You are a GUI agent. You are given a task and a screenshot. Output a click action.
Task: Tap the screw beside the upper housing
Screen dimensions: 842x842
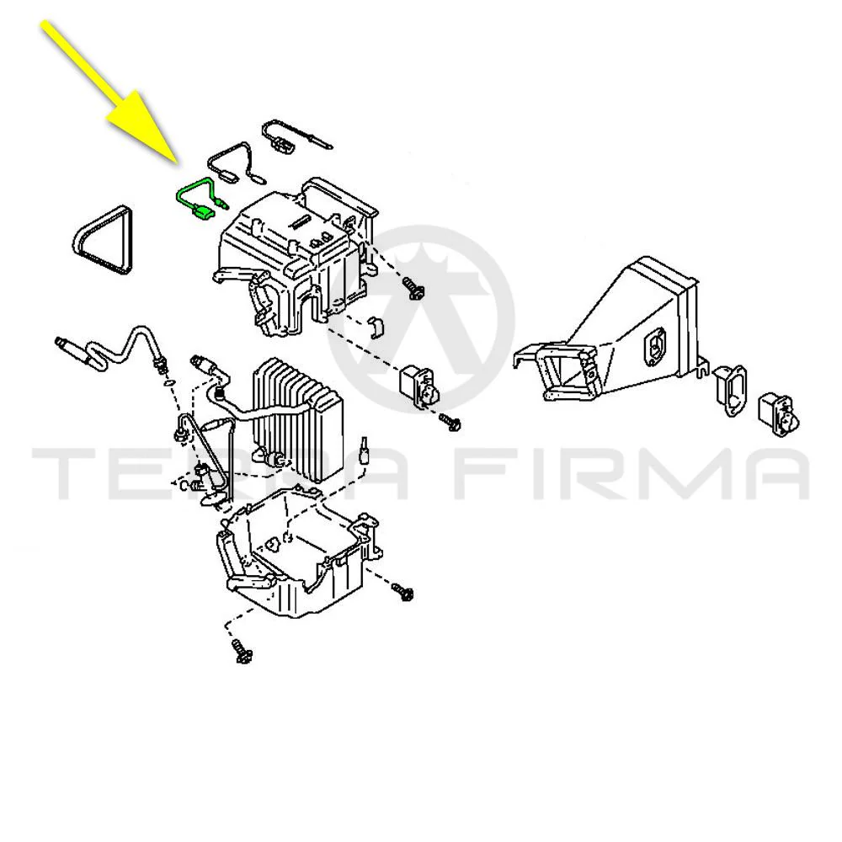[414, 288]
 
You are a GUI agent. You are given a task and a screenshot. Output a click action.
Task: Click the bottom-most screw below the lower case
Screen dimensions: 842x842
[242, 651]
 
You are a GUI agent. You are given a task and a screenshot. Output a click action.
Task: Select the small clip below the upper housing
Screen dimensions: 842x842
[377, 328]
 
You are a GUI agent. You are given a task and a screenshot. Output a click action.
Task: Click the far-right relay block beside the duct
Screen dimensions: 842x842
[779, 412]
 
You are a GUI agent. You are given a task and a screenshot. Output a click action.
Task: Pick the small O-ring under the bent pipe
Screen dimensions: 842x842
[168, 382]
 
